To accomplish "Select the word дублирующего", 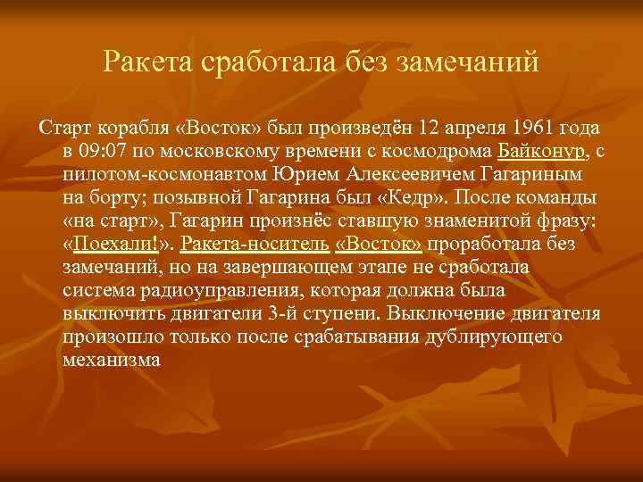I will pos(497,337).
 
